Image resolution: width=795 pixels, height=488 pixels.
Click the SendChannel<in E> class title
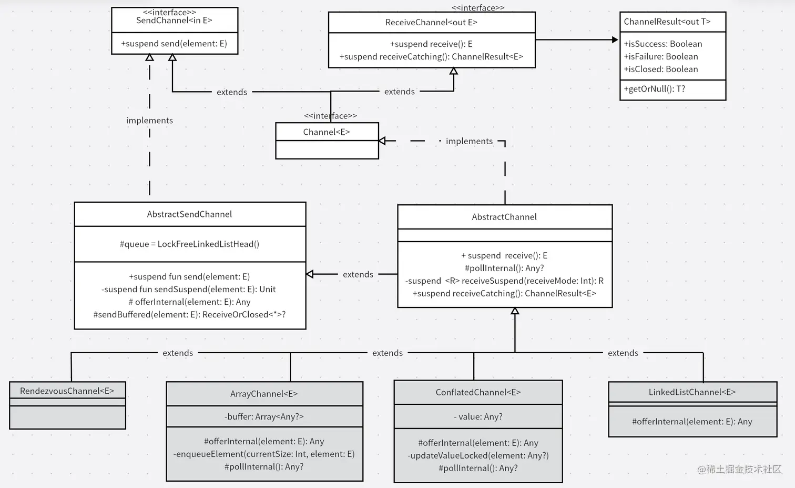[x=174, y=21]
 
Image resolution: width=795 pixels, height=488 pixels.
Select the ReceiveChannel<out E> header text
[x=431, y=23]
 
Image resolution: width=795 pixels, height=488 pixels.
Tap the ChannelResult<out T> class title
[x=667, y=22]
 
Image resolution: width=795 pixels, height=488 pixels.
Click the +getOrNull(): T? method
[x=654, y=89]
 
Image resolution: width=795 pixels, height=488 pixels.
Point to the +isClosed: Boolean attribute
[x=660, y=69]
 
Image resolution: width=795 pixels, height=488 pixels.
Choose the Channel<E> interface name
[x=326, y=132]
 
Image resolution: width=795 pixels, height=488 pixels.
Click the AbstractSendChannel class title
[x=189, y=214]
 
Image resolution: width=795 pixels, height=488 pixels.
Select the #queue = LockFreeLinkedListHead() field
[x=189, y=244]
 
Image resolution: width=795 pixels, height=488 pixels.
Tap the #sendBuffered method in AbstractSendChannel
[x=189, y=314]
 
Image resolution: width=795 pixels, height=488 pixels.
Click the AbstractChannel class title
[x=504, y=217]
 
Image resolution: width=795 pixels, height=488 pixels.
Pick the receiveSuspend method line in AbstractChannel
[x=504, y=281]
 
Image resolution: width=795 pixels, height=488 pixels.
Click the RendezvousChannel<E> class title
[x=67, y=391]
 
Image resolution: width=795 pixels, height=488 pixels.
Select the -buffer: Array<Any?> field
[x=264, y=416]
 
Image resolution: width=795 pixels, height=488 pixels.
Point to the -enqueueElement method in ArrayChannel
[x=264, y=454]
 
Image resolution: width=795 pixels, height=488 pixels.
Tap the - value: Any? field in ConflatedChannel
[x=478, y=416]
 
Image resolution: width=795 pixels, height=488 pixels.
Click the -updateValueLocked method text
[x=478, y=455]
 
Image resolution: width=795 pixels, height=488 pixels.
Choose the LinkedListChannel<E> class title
[x=692, y=392]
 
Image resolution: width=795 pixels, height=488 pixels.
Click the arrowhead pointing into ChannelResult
[x=615, y=39]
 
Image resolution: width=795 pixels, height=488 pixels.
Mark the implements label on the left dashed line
[x=149, y=121]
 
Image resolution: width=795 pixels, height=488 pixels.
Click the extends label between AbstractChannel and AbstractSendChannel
[x=358, y=274]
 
